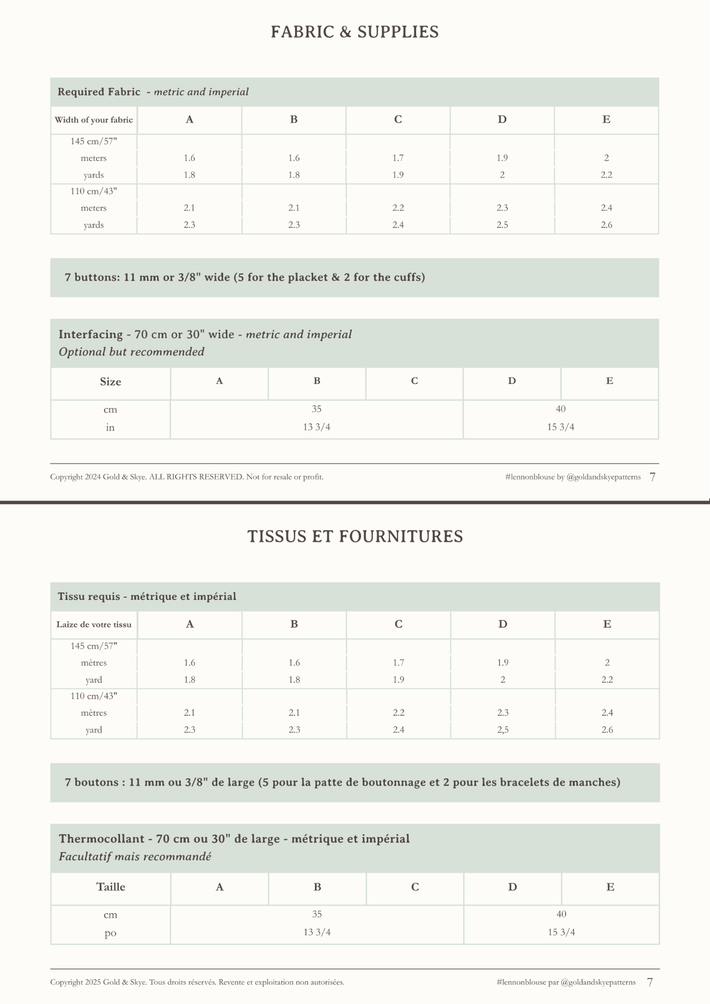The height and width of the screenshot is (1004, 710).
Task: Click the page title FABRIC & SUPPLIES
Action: (354, 32)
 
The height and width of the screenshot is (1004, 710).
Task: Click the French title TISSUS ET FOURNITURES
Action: (355, 537)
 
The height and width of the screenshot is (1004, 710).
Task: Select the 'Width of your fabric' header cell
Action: (94, 120)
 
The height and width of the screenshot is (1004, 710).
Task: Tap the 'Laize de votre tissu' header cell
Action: (94, 624)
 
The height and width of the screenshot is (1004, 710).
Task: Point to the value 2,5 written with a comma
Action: (503, 730)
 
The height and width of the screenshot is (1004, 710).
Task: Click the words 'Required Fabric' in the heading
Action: (99, 92)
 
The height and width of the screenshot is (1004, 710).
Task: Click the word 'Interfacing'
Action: (91, 334)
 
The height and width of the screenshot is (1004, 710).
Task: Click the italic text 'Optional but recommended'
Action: (132, 352)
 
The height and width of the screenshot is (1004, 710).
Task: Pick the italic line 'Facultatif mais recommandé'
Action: (135, 856)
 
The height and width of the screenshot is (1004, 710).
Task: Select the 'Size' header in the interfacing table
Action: (110, 382)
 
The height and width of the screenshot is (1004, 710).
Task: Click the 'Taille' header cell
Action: (110, 887)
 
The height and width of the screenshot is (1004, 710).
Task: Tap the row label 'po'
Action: (110, 933)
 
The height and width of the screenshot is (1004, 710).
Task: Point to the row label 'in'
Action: (110, 428)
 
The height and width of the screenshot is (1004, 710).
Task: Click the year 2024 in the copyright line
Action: (93, 477)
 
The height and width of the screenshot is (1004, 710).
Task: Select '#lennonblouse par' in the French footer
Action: (527, 982)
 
